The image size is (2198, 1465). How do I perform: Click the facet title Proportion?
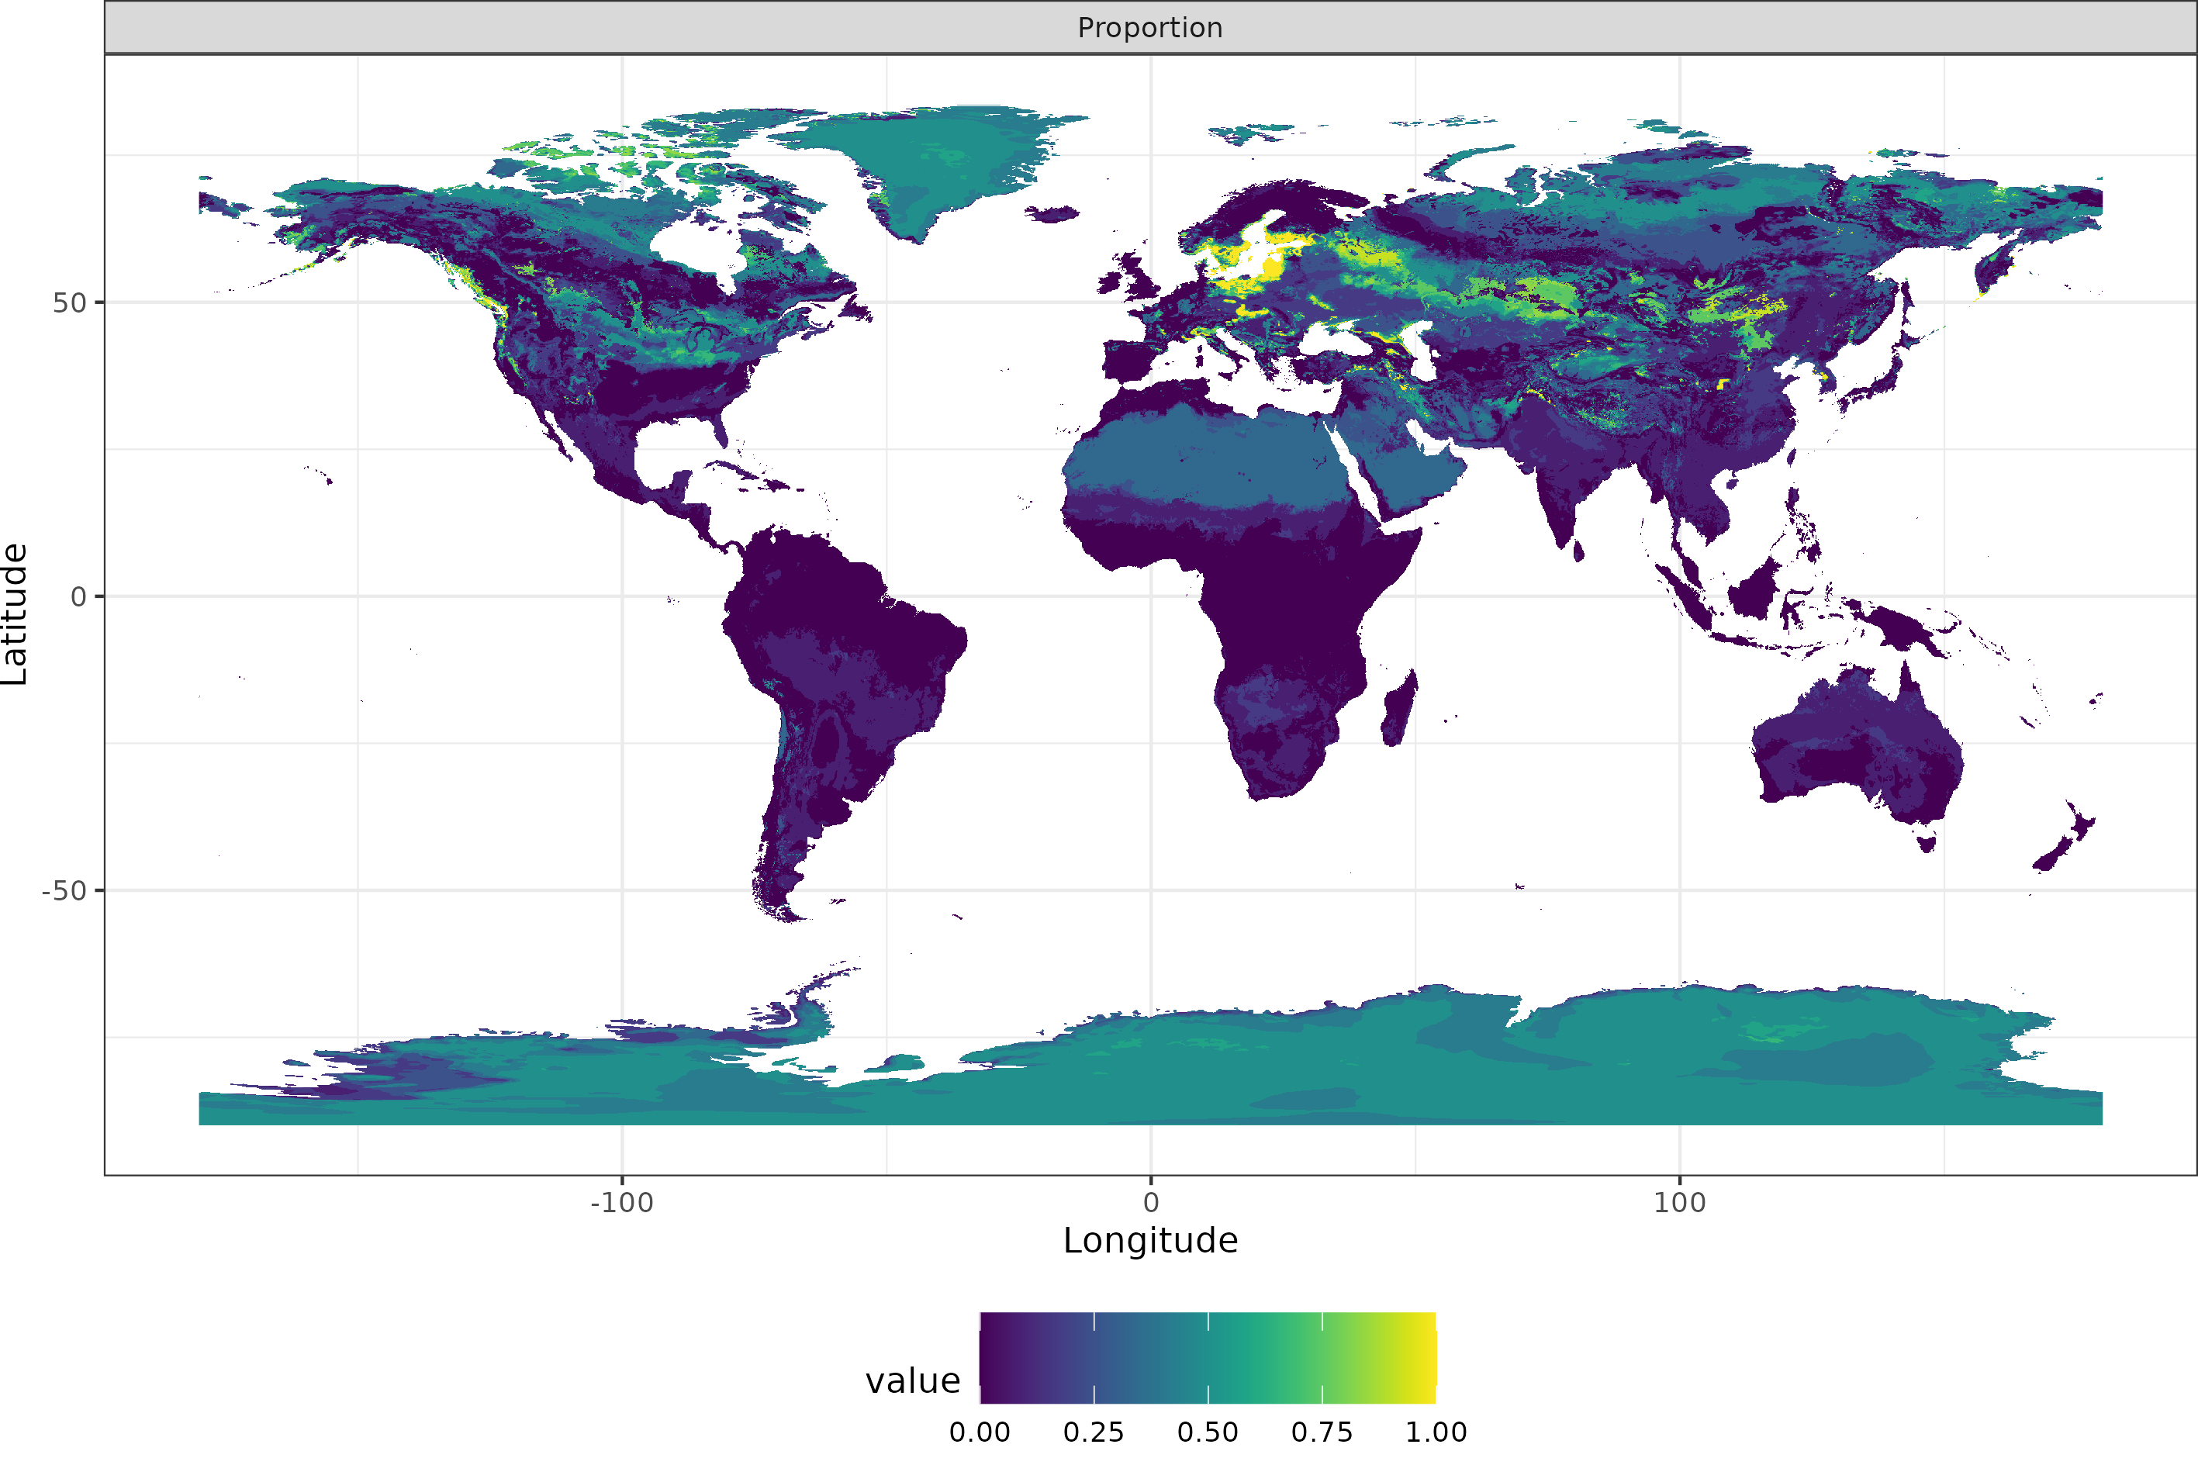(1150, 28)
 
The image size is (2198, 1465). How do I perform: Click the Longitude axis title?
(1150, 1241)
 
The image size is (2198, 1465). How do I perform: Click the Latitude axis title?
(15, 614)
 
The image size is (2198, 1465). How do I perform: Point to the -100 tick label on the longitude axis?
(621, 1202)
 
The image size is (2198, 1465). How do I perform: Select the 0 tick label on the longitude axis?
(1151, 1202)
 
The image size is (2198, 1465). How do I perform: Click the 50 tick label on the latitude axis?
(69, 302)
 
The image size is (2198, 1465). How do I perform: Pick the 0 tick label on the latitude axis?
(79, 597)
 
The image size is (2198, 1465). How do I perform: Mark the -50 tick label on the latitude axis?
(64, 891)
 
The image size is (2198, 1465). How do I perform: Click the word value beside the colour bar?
(913, 1381)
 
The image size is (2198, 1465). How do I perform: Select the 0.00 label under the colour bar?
(979, 1432)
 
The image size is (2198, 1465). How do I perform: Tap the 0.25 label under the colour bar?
(1094, 1432)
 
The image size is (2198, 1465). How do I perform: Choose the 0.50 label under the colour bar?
(1208, 1432)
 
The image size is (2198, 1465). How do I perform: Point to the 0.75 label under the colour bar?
(1322, 1432)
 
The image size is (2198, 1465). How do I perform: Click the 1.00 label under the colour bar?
(1436, 1432)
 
